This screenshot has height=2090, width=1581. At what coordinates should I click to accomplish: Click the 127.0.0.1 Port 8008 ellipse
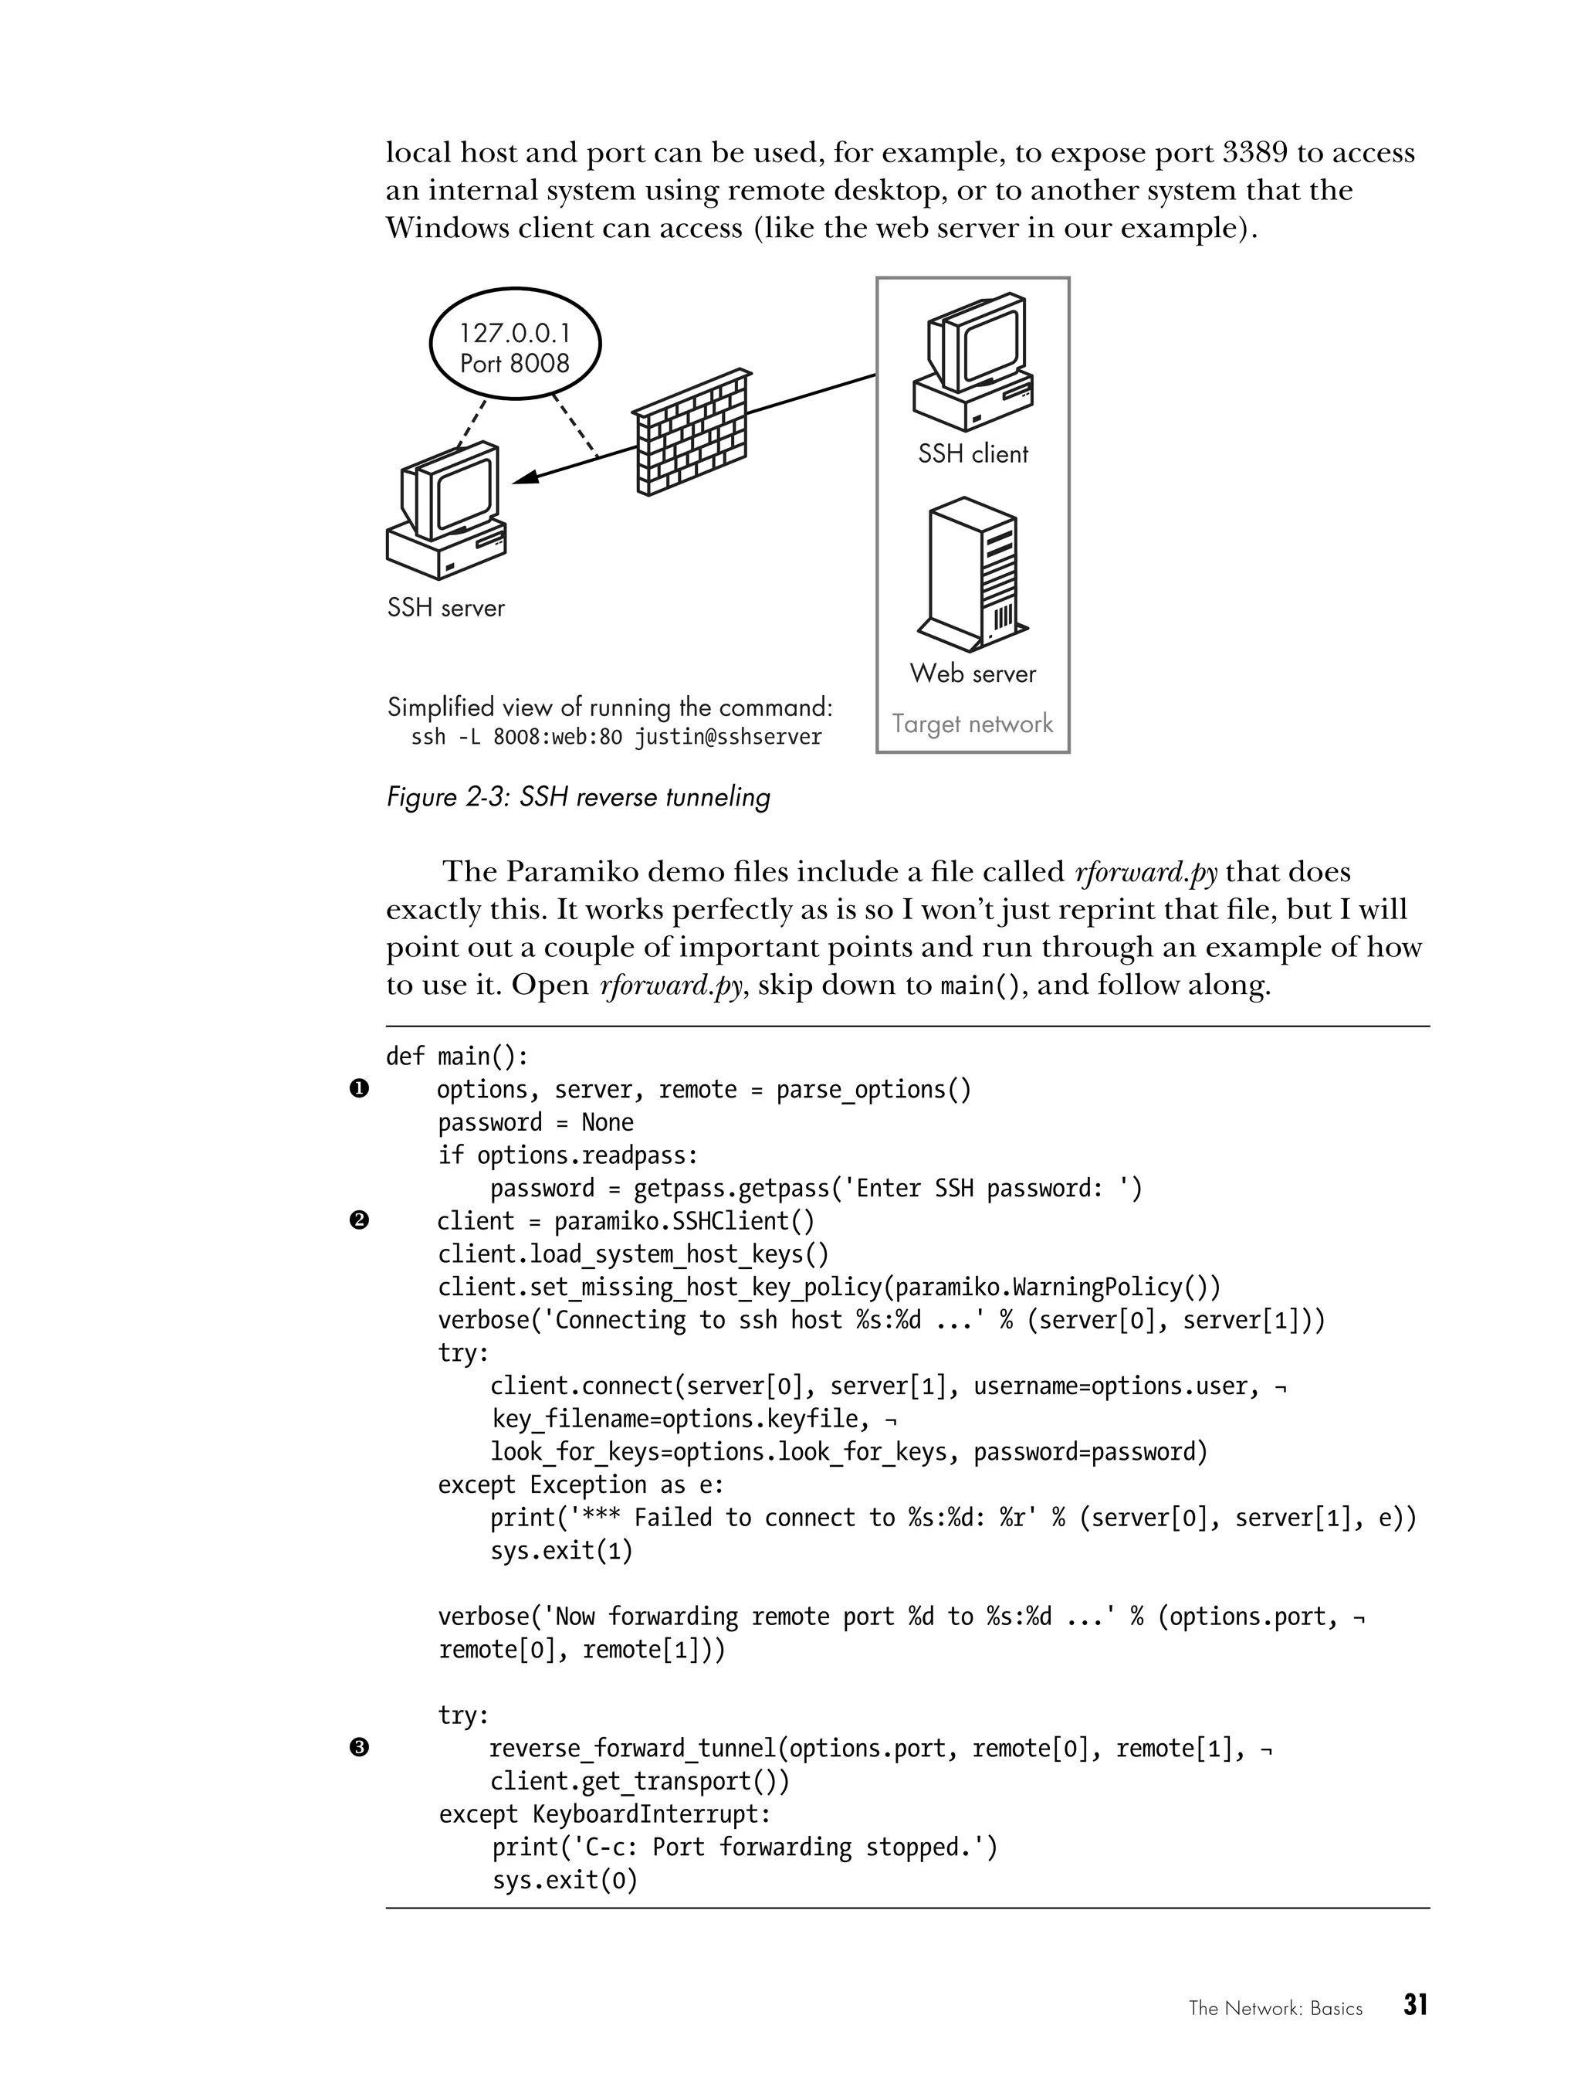point(515,346)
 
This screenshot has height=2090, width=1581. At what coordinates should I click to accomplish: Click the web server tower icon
point(973,575)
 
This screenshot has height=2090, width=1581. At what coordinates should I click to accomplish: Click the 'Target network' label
point(972,724)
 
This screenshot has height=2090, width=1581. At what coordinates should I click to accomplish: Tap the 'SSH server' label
point(445,608)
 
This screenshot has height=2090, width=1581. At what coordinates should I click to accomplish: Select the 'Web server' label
point(973,673)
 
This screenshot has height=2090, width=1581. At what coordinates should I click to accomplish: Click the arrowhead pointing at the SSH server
point(525,478)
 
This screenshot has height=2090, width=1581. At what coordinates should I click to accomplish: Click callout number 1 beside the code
point(359,1089)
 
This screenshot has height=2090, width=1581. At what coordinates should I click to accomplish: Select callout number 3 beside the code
point(359,1748)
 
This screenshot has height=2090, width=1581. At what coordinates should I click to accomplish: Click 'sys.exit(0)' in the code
point(565,1880)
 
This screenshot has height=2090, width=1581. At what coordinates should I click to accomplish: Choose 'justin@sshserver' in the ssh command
point(727,738)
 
